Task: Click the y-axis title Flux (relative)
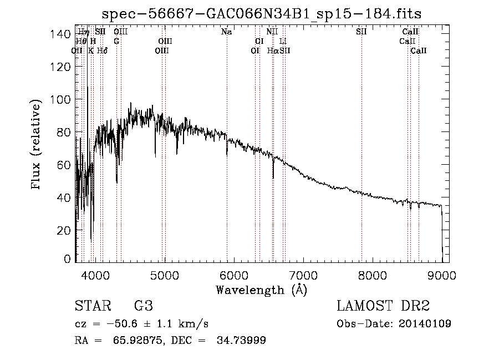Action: coord(37,145)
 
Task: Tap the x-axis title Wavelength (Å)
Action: coord(261,290)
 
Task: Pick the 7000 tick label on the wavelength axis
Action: coord(303,275)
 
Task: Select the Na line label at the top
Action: coord(226,32)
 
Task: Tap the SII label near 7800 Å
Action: coord(361,32)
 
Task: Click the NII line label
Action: coord(272,32)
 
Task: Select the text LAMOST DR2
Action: coord(383,306)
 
